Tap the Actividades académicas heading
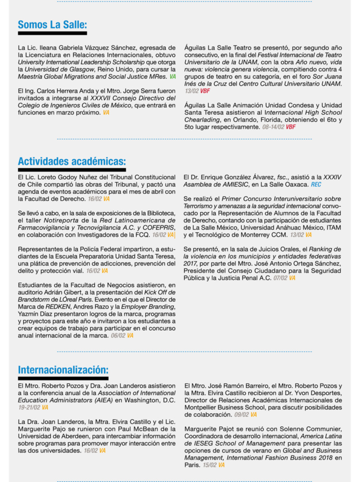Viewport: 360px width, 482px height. click(x=72, y=161)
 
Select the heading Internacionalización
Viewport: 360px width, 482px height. click(x=63, y=370)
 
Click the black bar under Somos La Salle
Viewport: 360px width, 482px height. click(x=52, y=33)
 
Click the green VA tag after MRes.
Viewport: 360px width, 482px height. click(x=172, y=77)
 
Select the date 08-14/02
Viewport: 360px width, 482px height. click(x=274, y=127)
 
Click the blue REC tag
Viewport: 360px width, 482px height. click(x=316, y=184)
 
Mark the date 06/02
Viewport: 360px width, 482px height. click(x=118, y=335)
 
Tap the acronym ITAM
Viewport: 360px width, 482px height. click(x=333, y=228)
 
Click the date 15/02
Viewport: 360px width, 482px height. click(x=209, y=465)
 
